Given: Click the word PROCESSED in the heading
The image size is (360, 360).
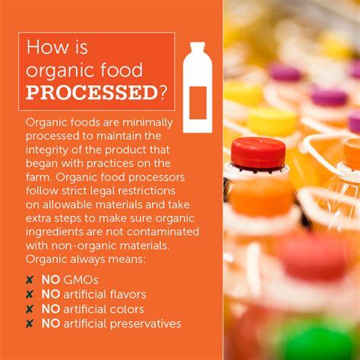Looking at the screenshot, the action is point(92,93).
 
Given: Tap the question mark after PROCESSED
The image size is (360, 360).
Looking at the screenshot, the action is point(163,92).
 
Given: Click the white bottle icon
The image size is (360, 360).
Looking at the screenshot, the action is point(197,87).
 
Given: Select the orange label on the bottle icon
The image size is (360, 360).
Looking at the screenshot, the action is point(198,103).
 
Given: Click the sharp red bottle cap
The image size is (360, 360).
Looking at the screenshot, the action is point(258,153).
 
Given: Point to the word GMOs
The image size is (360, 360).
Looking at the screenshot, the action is point(81,280).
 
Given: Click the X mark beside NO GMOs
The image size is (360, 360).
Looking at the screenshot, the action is point(30,280).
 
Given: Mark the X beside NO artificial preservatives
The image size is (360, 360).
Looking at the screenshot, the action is point(30,324).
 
